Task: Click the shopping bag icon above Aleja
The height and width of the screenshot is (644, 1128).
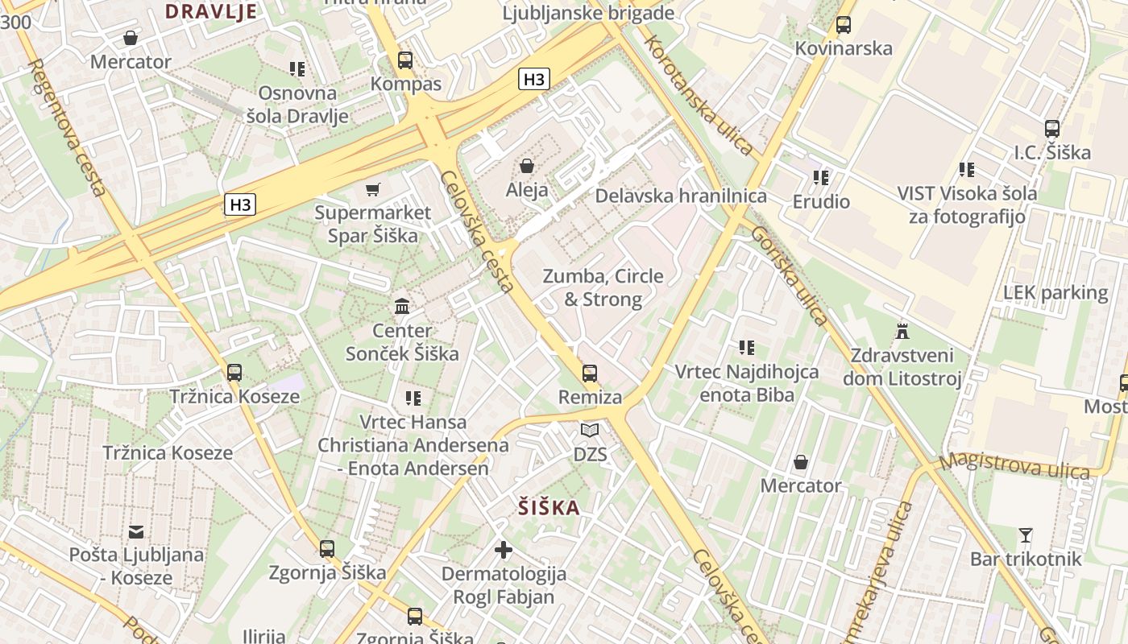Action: pyautogui.click(x=527, y=166)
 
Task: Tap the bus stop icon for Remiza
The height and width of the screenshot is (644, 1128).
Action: pyautogui.click(x=590, y=373)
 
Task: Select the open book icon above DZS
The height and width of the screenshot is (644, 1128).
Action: pyautogui.click(x=590, y=431)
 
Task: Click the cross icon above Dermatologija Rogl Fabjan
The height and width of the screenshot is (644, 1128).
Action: pyautogui.click(x=504, y=550)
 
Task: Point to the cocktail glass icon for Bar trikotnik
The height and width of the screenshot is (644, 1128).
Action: pyautogui.click(x=1026, y=535)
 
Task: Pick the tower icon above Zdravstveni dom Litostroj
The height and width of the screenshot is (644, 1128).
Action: pyautogui.click(x=902, y=331)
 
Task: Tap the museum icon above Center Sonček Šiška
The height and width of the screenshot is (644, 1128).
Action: pyautogui.click(x=402, y=306)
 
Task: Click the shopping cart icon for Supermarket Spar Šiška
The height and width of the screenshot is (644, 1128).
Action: pyautogui.click(x=372, y=189)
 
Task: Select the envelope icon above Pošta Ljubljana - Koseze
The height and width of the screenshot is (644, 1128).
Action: pyautogui.click(x=136, y=531)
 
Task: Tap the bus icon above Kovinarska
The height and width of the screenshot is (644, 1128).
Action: pyautogui.click(x=844, y=25)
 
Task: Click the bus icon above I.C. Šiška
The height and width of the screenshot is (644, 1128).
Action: pyautogui.click(x=1051, y=129)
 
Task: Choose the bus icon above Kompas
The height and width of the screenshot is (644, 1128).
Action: pyautogui.click(x=405, y=60)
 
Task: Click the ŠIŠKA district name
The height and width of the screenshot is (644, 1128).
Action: pyautogui.click(x=549, y=508)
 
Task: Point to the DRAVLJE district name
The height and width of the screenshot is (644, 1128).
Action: pyautogui.click(x=211, y=11)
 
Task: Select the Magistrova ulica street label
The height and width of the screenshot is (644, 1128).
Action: pyautogui.click(x=1014, y=466)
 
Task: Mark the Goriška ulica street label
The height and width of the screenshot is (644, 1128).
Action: pyautogui.click(x=789, y=275)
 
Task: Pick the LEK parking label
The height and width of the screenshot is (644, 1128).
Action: pyautogui.click(x=1055, y=293)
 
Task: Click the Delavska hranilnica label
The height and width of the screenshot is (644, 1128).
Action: pyautogui.click(x=681, y=196)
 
